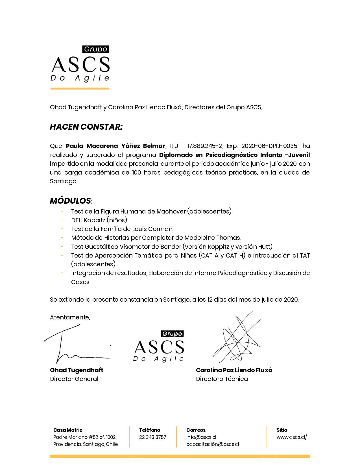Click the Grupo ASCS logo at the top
coord(80,64)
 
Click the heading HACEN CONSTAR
coord(86,127)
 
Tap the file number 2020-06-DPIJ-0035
coord(269,146)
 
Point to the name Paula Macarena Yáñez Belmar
coord(115,146)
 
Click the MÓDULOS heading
coord(70,201)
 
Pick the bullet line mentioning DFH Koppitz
coord(100,220)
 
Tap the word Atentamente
coord(70,317)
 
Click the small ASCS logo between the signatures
coord(159,346)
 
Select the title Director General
coord(74,379)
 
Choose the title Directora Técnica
coord(222,379)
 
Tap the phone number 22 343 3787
coord(152,437)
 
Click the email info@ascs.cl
coord(201,437)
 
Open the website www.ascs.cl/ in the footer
coord(291,437)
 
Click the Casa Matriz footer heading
coord(68,430)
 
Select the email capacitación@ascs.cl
coord(212,444)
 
